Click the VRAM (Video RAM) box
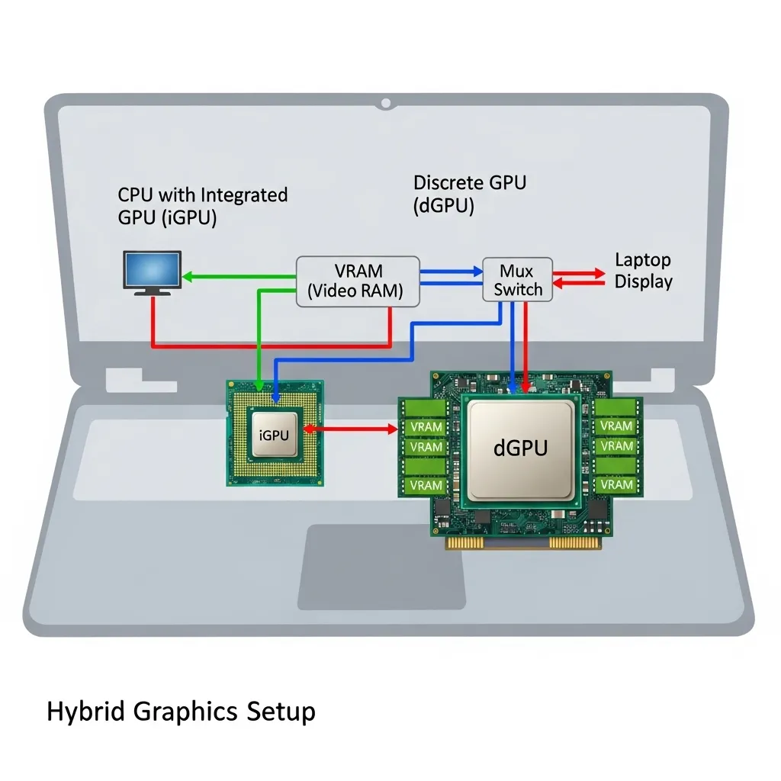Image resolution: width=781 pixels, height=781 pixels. tap(357, 281)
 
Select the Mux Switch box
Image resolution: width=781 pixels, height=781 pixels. tap(516, 280)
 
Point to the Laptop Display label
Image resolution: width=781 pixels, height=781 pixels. tap(643, 271)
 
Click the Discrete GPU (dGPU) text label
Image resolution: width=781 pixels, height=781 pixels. tap(469, 194)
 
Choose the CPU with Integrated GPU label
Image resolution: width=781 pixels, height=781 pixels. tap(202, 206)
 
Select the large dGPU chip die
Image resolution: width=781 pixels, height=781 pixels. tap(520, 448)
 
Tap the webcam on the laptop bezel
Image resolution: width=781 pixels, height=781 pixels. tap(387, 102)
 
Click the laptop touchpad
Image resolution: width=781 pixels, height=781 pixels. tap(381, 566)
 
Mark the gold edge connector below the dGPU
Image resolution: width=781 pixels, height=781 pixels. tap(520, 542)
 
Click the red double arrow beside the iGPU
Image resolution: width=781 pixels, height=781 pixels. tap(352, 429)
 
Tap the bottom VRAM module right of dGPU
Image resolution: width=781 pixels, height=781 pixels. tap(615, 484)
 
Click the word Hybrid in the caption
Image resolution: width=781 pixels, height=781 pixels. tap(86, 712)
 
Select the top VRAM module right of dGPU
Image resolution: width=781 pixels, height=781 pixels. tap(615, 426)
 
